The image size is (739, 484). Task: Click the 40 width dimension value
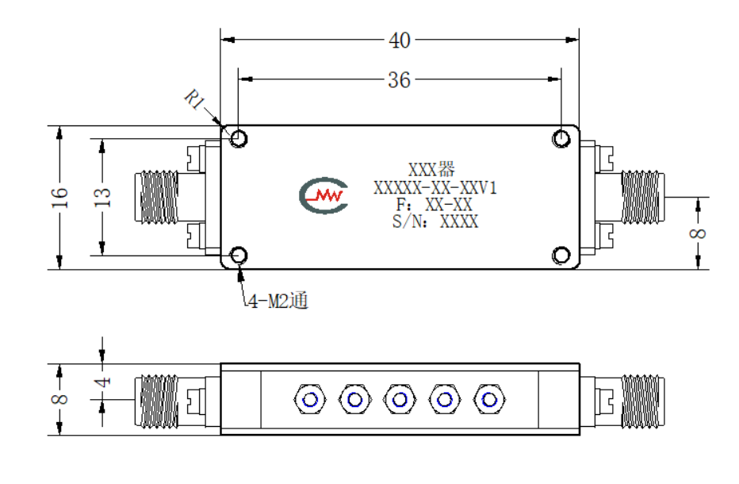pyautogui.click(x=399, y=40)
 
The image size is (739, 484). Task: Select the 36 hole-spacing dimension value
pyautogui.click(x=399, y=80)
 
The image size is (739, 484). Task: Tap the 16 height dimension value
pyautogui.click(x=59, y=198)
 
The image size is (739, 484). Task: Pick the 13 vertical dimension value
pyautogui.click(x=102, y=198)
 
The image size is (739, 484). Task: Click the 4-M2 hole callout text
pyautogui.click(x=278, y=301)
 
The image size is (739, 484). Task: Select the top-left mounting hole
pyautogui.click(x=239, y=139)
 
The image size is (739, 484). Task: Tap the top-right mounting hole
pyautogui.click(x=561, y=139)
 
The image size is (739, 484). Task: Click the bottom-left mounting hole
pyautogui.click(x=239, y=255)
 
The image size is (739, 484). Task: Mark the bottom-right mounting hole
pyautogui.click(x=561, y=255)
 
